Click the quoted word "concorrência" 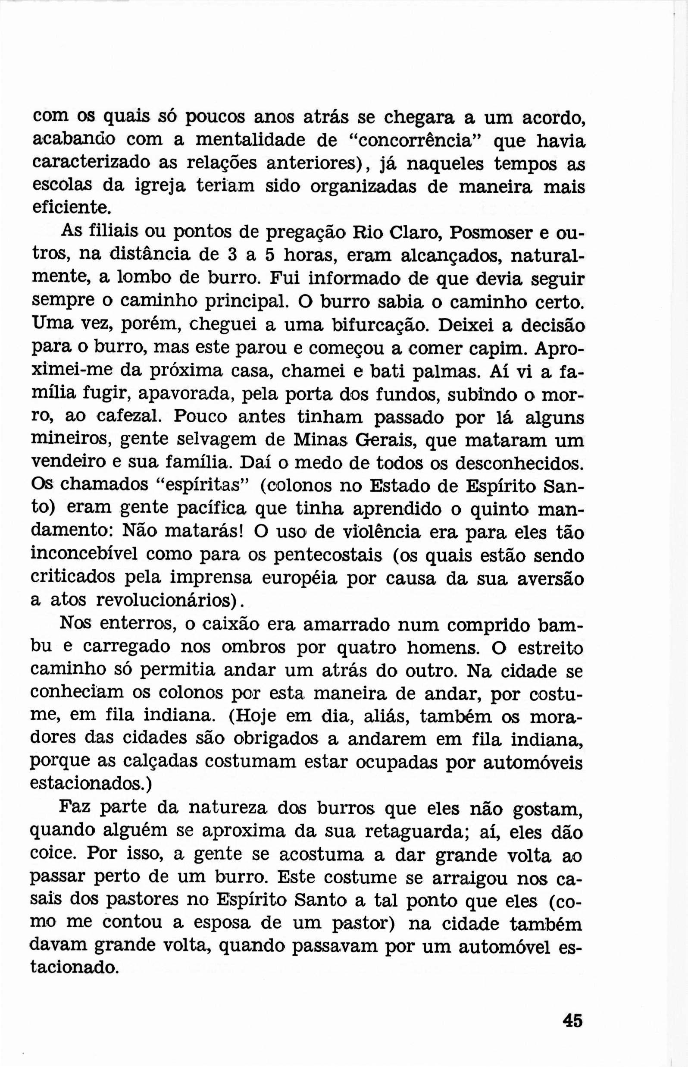tap(415, 140)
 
